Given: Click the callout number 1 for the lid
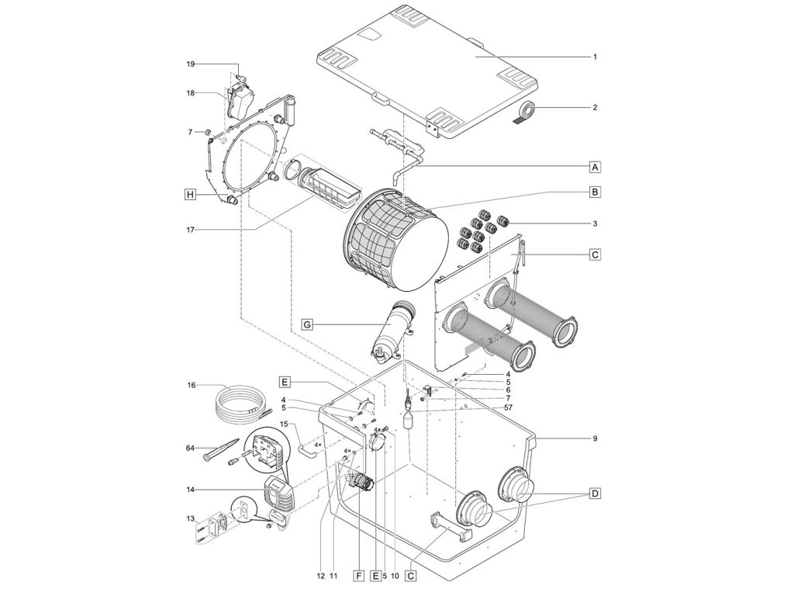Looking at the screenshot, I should pos(595,57).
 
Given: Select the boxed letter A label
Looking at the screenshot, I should pos(595,166).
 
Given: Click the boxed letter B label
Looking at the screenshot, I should pos(595,191).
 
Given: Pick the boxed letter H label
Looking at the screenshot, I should pos(189,196).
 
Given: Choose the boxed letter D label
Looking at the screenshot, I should pos(595,494).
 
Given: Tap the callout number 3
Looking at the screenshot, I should pos(595,223).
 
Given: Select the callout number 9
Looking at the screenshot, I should pos(595,439).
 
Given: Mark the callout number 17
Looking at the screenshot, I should pos(190,230).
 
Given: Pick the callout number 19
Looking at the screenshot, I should pos(190,64).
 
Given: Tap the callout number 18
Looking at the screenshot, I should pos(190,92).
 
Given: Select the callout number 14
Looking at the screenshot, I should pos(190,490).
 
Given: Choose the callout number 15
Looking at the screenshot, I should pos(284,424).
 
